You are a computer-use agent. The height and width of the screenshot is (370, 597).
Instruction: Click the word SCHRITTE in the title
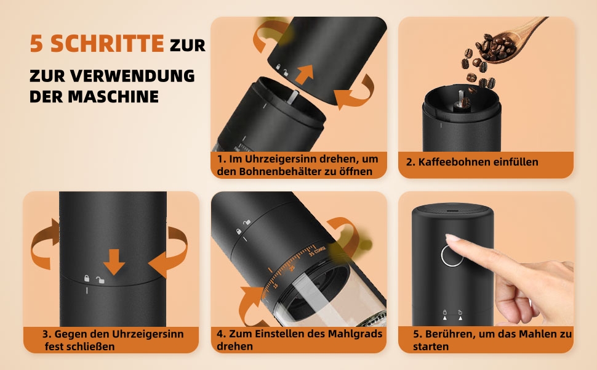pyautogui.click(x=107, y=43)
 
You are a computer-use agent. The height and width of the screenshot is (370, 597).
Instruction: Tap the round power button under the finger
pyautogui.click(x=452, y=255)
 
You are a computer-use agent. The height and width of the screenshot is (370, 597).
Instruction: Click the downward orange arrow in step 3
pyautogui.click(x=114, y=261)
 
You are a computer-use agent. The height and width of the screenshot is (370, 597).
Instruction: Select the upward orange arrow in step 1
pyautogui.click(x=305, y=74)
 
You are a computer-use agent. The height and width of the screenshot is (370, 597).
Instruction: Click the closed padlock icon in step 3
pyautogui.click(x=87, y=279)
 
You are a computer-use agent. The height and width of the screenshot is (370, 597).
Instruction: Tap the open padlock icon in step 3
pyautogui.click(x=100, y=280)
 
